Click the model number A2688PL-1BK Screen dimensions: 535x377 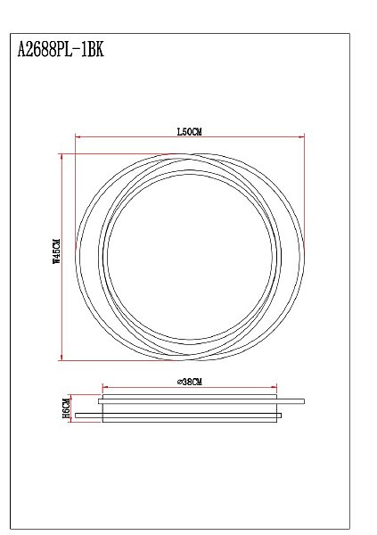[61, 52]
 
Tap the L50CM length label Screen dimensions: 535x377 [190, 132]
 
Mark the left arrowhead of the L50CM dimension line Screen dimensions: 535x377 [78, 137]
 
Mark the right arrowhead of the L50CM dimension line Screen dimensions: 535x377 [303, 137]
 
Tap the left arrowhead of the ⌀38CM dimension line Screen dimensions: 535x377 [105, 387]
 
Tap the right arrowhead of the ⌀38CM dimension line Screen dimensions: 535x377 [275, 387]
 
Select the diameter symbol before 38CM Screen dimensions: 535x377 [181, 382]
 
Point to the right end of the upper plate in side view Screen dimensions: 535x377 [304, 400]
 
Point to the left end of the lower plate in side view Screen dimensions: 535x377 [77, 416]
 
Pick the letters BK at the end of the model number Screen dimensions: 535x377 [96, 52]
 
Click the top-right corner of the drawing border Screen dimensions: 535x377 [349, 34]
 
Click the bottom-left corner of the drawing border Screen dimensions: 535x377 [9, 528]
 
